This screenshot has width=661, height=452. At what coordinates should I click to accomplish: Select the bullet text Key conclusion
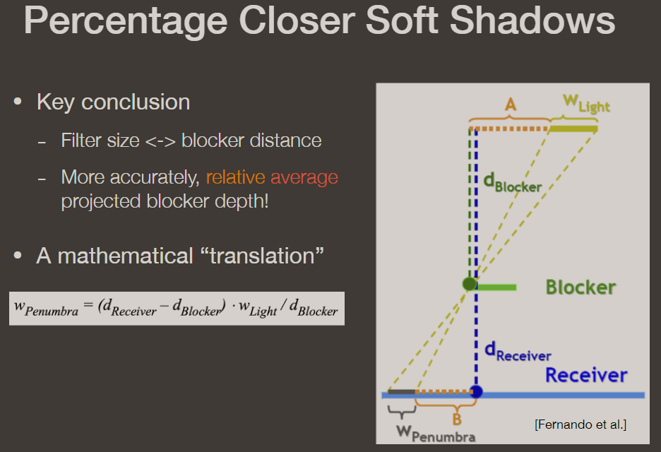[113, 102]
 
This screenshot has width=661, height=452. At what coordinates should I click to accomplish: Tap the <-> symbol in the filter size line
[160, 141]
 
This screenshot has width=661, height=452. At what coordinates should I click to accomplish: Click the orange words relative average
[272, 177]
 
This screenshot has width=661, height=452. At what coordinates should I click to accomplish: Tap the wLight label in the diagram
[585, 104]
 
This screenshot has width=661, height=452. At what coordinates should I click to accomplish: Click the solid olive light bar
[573, 129]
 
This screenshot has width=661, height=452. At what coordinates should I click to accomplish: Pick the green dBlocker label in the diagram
[513, 183]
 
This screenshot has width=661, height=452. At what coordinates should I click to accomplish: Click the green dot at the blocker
[470, 284]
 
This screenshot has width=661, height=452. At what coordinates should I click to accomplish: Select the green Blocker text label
[580, 287]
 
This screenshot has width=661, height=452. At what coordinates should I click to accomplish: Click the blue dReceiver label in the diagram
[518, 352]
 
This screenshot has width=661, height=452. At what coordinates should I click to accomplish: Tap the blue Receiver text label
[585, 374]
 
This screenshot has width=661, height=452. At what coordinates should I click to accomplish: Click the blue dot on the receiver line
[477, 391]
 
